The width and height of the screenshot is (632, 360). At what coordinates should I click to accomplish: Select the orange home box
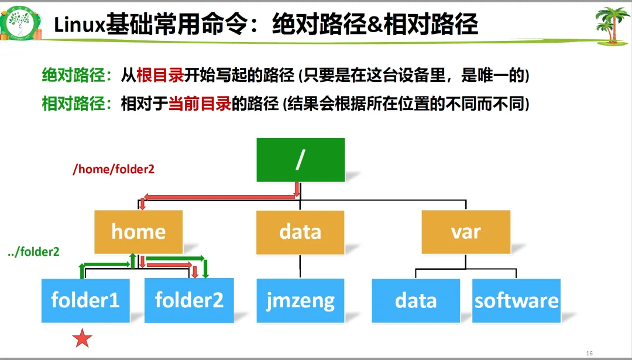(x=139, y=231)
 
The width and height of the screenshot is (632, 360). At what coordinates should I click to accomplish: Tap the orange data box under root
(x=300, y=231)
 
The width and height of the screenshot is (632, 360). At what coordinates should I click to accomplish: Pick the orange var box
(x=466, y=231)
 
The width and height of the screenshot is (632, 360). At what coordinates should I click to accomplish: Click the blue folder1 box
(x=85, y=300)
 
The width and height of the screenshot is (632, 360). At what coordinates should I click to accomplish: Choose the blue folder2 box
(x=189, y=300)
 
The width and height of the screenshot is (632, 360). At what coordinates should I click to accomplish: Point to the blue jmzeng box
(x=300, y=300)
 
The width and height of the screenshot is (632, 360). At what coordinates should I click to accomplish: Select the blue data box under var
(x=416, y=300)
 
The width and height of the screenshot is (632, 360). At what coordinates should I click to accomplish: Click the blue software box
(x=516, y=300)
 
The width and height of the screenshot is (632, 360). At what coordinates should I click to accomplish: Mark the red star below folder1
(x=82, y=338)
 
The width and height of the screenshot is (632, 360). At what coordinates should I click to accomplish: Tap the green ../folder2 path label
(x=34, y=252)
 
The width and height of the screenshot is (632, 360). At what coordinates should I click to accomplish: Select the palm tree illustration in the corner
(x=611, y=24)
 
